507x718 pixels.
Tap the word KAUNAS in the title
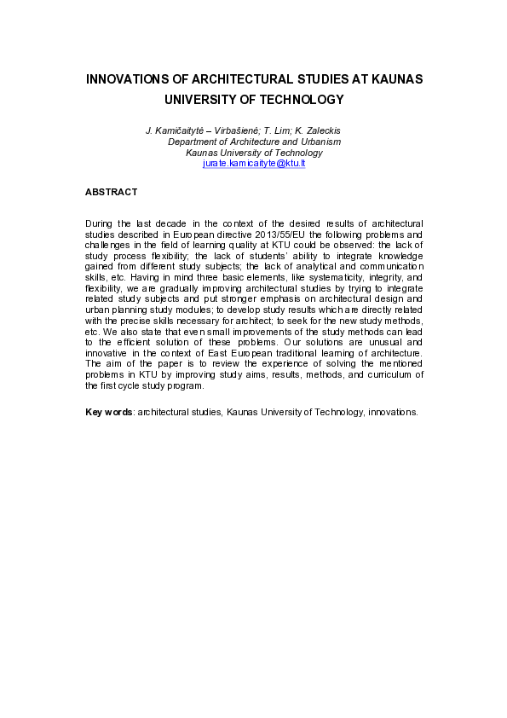point(390,79)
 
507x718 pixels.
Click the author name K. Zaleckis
point(316,130)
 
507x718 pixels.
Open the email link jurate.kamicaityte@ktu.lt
point(254,163)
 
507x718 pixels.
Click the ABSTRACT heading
point(112,193)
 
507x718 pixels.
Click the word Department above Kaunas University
point(192,142)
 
